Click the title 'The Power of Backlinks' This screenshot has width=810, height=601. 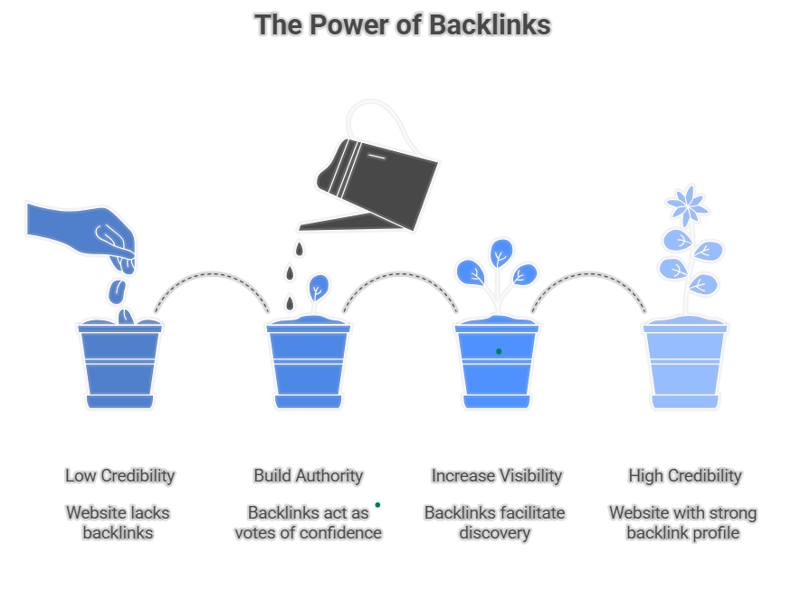pos(403,25)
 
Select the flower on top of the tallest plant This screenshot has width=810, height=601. pos(687,205)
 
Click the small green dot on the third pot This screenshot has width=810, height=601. pos(499,351)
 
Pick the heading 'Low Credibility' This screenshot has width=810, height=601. pos(119,475)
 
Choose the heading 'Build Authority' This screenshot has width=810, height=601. pos(308,475)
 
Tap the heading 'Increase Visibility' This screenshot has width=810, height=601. pos(496,475)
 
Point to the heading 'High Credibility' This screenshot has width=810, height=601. pos(684,475)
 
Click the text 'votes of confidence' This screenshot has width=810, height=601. pos(308,532)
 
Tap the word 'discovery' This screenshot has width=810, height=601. pos(494,532)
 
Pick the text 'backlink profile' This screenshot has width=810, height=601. pos(682,532)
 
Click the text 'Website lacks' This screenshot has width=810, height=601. pos(118,512)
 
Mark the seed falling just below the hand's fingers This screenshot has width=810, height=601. pos(117,291)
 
